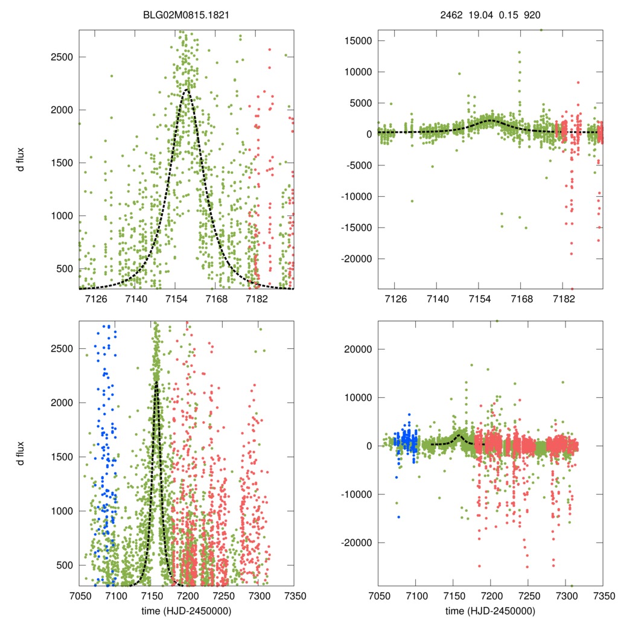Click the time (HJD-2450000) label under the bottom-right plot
tap(490, 610)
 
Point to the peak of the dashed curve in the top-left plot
tap(186, 90)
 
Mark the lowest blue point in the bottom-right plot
tap(399, 517)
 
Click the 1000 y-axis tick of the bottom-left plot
tap(62, 511)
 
